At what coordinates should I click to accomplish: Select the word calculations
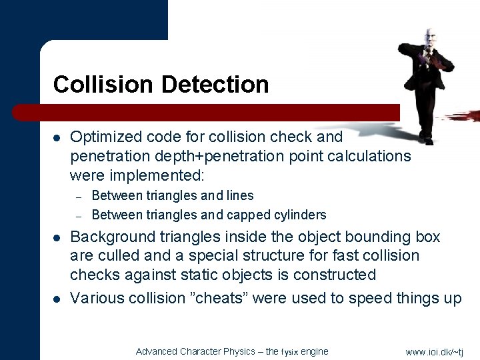371,156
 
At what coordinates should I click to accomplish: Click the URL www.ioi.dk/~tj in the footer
434,351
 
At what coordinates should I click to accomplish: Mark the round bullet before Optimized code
57,138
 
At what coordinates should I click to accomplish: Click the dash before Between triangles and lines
78,196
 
